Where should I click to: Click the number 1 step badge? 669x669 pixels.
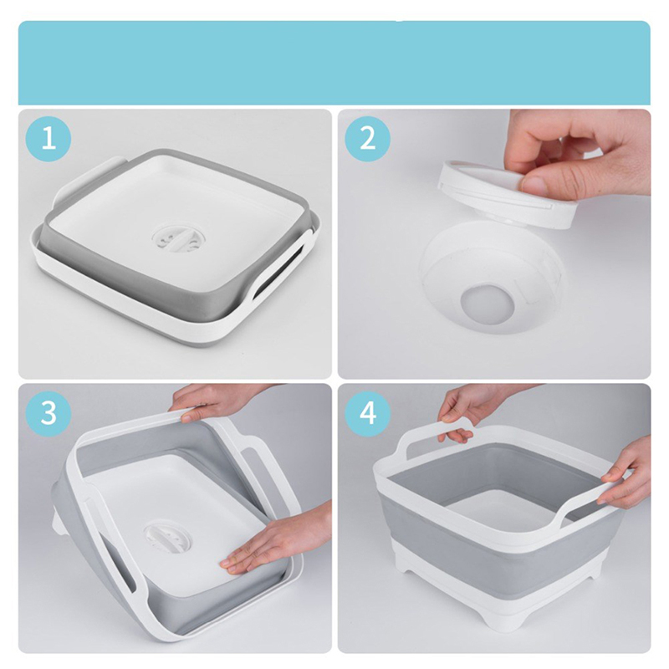tap(49, 138)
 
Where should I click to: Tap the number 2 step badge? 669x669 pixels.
tap(367, 138)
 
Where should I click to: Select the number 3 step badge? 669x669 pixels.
tap(49, 412)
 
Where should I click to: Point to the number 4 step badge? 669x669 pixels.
tap(367, 412)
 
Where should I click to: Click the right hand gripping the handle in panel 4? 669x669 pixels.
tap(624, 473)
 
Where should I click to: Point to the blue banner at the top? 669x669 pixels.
tap(334, 63)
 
